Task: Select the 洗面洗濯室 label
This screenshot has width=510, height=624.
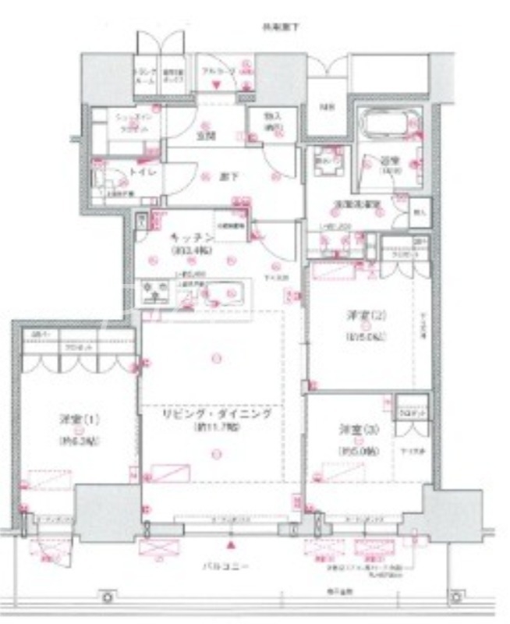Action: pos(357,204)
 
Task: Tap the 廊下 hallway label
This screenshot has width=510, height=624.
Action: pos(225,177)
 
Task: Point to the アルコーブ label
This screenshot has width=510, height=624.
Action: pos(216,73)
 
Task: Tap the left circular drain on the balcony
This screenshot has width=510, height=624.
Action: pos(107,597)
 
